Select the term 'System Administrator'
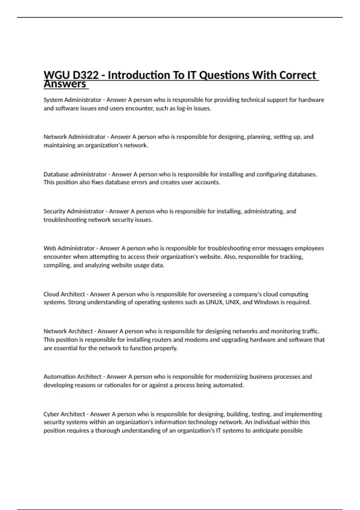pyautogui.click(x=72, y=100)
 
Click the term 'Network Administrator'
pyautogui.click(x=74, y=137)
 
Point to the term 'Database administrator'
pyautogui.click(x=75, y=174)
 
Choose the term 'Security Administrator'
pyautogui.click(x=73, y=211)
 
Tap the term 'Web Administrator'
pyautogui.click(x=69, y=248)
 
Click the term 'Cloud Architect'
pyautogui.click(x=64, y=294)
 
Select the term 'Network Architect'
pyautogui.click(x=68, y=331)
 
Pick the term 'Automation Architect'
pyautogui.click(x=73, y=377)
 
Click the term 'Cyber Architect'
pyautogui.click(x=64, y=414)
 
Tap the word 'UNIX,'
pyautogui.click(x=233, y=302)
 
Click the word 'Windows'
pyautogui.click(x=266, y=302)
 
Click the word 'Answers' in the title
pyautogui.click(x=65, y=84)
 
